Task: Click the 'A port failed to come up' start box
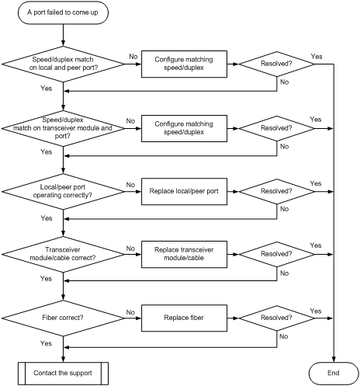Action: pos(63,12)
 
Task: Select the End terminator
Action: pos(334,373)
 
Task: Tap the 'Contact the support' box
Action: pos(63,374)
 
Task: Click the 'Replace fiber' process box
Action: pos(184,318)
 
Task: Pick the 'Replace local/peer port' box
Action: pos(184,191)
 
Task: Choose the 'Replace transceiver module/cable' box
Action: pos(184,254)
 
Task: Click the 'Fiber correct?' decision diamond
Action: pos(63,318)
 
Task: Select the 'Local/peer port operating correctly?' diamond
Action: pos(63,192)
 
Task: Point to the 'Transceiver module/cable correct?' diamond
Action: pos(63,255)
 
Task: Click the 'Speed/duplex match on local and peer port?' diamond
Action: pos(63,64)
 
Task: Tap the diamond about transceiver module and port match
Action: pos(63,128)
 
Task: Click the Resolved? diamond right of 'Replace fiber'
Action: pos(277,318)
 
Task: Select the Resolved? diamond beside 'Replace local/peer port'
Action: pos(277,191)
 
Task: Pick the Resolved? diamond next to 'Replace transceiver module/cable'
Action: pos(277,254)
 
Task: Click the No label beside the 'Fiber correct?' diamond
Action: pos(130,312)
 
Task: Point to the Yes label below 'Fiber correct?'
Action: pos(46,343)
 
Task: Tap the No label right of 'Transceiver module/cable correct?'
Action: pos(130,249)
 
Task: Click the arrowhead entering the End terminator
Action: pos(334,360)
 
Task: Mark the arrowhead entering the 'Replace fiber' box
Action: pos(139,318)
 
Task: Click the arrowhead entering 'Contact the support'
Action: pos(63,360)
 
